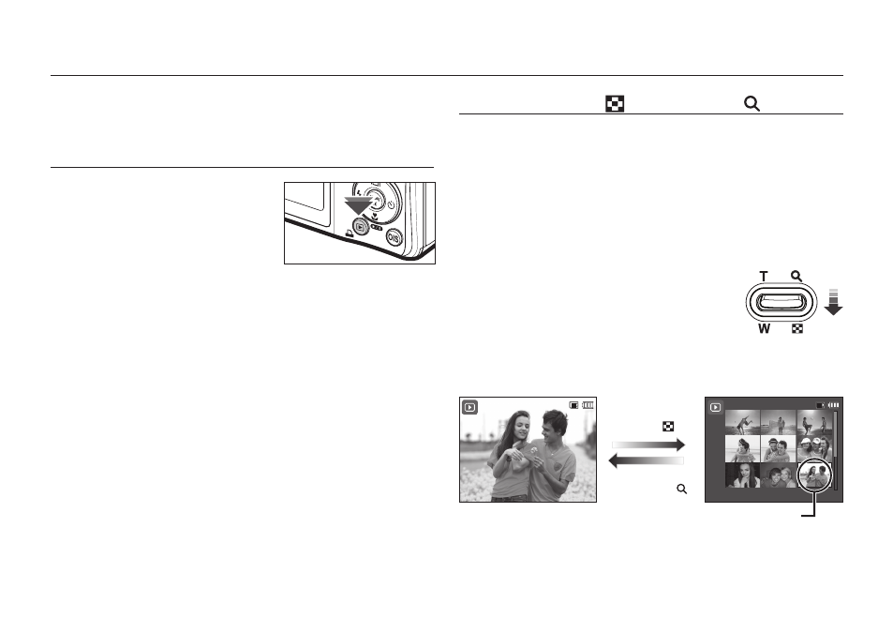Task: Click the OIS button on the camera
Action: tap(394, 237)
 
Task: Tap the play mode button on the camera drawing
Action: tap(360, 227)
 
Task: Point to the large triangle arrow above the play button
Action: tap(358, 205)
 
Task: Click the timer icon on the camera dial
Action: tap(392, 205)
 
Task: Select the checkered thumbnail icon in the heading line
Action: tap(615, 104)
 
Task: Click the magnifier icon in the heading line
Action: tap(752, 104)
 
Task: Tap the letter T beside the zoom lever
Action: tap(763, 277)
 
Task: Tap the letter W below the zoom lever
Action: tap(764, 329)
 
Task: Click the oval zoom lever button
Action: tap(781, 302)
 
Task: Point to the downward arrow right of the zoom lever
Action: tap(833, 302)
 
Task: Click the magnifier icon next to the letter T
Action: tap(796, 276)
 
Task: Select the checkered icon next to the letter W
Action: tap(797, 329)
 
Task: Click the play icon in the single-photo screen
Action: tap(469, 407)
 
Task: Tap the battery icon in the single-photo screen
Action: tap(588, 405)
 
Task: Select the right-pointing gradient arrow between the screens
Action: tap(648, 445)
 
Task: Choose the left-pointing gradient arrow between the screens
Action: tap(646, 460)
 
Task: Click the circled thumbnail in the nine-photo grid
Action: tap(814, 475)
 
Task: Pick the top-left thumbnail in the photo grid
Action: tap(742, 422)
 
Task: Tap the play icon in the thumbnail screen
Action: tap(716, 407)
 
